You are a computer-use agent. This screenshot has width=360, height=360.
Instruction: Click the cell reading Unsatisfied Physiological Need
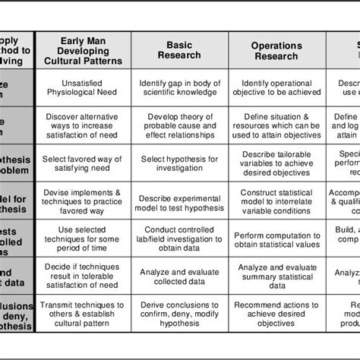(84, 87)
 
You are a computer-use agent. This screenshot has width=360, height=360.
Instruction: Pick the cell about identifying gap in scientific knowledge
(180, 87)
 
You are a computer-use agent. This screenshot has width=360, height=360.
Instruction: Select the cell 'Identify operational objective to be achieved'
(276, 87)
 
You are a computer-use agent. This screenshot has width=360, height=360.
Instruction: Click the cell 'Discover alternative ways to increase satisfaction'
(84, 125)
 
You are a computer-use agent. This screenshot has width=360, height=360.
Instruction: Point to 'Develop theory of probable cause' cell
(180, 125)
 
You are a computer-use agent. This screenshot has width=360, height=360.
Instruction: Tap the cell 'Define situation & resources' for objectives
(276, 125)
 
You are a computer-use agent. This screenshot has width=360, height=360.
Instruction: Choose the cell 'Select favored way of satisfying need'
(84, 163)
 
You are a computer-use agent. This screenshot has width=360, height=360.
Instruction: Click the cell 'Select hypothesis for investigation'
(180, 163)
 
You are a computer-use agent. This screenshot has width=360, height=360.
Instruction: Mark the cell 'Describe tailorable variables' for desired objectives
(276, 163)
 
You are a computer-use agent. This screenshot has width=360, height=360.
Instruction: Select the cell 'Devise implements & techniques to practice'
(84, 200)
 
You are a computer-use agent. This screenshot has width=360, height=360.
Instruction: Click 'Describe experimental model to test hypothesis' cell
(180, 200)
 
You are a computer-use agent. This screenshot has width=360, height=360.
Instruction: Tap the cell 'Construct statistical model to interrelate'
(276, 200)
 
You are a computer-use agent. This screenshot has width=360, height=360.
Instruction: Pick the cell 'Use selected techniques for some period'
(84, 237)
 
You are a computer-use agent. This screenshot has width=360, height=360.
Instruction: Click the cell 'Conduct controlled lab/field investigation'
(180, 237)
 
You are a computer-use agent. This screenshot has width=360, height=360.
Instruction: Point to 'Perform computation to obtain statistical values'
(276, 237)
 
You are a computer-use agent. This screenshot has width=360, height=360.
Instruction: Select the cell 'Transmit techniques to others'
(84, 314)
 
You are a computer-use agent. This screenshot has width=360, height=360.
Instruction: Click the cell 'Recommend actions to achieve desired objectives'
(276, 314)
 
